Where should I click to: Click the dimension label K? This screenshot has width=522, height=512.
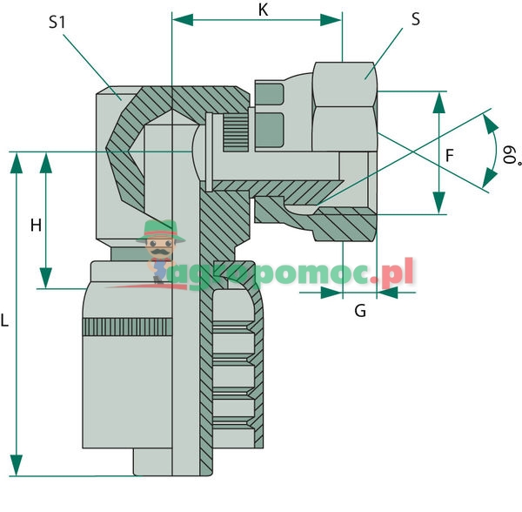point(264,10)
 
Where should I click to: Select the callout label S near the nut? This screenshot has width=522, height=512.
point(416,19)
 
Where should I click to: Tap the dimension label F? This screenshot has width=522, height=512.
point(449,156)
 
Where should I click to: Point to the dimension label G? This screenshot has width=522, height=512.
point(360,310)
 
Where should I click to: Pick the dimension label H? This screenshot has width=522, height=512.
point(36,226)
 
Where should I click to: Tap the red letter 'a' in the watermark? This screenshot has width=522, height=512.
point(184,273)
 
